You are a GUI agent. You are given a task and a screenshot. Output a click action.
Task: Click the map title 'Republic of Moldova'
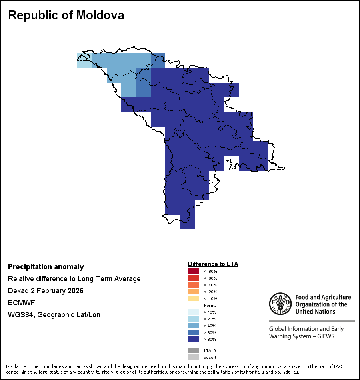click(x=66, y=15)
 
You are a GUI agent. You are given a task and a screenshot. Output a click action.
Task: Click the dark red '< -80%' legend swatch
click(x=194, y=271)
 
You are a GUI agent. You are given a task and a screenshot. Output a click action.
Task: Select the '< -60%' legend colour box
click(x=194, y=278)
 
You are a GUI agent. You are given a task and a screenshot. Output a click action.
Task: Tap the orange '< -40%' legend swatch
click(x=194, y=285)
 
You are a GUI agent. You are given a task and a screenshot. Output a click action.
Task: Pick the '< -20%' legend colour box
click(x=194, y=292)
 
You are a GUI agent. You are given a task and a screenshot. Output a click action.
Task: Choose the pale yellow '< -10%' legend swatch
click(x=194, y=298)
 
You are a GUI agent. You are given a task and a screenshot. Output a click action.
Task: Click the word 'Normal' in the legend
click(x=210, y=305)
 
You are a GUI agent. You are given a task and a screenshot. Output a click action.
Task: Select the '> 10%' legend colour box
click(x=194, y=312)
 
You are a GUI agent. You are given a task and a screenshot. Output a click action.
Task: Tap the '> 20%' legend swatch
click(x=194, y=319)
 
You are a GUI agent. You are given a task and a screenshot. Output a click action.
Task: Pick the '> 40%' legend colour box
click(x=194, y=326)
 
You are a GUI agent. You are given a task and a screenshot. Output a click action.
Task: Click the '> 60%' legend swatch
click(x=194, y=332)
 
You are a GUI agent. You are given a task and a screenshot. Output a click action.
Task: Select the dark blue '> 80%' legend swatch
click(x=194, y=339)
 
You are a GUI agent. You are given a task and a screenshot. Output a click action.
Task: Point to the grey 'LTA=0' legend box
click(x=194, y=350)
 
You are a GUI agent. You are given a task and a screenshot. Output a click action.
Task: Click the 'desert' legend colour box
click(x=194, y=357)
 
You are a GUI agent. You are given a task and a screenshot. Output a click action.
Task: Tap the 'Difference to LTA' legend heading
click(x=213, y=264)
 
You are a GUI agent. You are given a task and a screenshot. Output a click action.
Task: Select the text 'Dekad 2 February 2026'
click(x=46, y=291)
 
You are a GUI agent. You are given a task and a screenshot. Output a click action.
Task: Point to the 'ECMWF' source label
click(x=19, y=303)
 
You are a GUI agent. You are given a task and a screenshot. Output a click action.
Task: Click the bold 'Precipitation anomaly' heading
click(x=46, y=267)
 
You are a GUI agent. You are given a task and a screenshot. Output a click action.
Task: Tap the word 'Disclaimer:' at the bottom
click(x=17, y=366)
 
